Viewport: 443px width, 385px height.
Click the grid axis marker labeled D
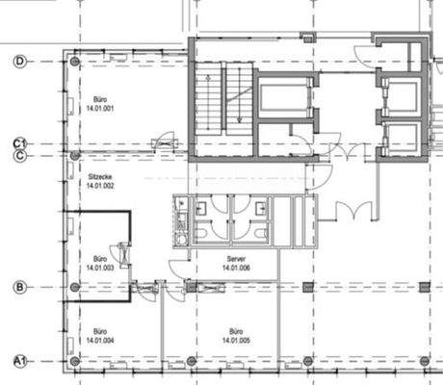[x=18, y=61]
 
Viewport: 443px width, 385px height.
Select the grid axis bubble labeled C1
[x=17, y=143]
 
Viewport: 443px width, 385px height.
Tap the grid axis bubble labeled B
[x=18, y=287]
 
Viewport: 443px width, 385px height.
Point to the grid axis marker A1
[x=17, y=360]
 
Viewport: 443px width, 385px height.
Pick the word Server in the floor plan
[x=236, y=260]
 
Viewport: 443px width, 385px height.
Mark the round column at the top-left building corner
[x=75, y=62]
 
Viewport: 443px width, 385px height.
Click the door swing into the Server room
[x=179, y=267]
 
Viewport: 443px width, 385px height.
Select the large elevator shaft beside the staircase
[x=285, y=100]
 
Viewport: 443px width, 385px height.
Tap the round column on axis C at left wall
[x=75, y=154]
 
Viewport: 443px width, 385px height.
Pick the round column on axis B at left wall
[x=75, y=287]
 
